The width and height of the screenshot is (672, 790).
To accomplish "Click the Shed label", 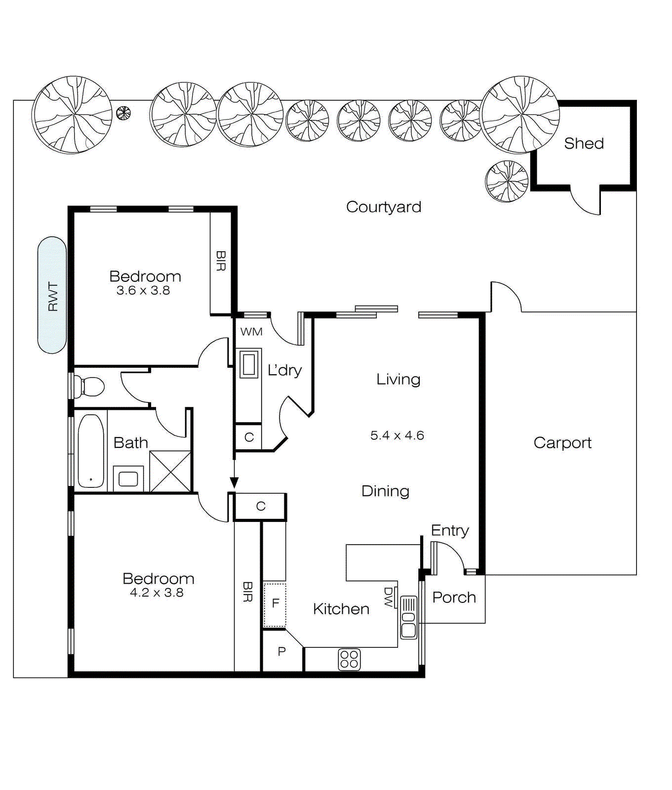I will [584, 144].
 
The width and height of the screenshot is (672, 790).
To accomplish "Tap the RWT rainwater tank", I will [52, 295].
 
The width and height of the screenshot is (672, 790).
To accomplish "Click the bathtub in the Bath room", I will [91, 451].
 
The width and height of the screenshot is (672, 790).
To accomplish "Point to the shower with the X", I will [170, 472].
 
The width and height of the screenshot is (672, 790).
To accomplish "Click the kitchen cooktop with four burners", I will [349, 660].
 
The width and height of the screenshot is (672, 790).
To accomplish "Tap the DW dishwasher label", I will [388, 597].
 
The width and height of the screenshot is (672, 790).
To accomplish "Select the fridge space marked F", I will [275, 603].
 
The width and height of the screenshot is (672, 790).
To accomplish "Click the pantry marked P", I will [281, 652].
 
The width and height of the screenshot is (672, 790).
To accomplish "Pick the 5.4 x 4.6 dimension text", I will [397, 435].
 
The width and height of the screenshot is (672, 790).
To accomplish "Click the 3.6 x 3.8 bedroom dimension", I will [143, 291].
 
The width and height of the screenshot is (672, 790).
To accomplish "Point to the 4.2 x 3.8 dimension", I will [157, 593].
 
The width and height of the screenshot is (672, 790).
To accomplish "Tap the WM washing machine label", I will [251, 332].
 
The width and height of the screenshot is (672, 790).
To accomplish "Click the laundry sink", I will [249, 364].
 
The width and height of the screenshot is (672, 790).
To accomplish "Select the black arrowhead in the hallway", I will [234, 482].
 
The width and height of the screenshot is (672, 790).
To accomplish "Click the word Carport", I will [562, 443].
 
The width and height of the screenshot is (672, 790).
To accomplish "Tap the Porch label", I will [454, 597].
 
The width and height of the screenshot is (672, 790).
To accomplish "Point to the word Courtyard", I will [384, 207].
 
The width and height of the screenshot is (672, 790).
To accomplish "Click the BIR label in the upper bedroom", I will [221, 261].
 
